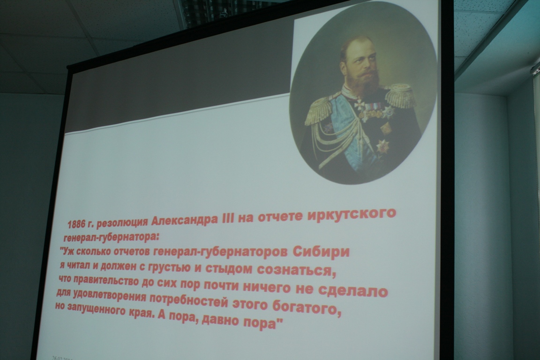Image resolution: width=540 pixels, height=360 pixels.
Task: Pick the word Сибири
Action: [x=321, y=251]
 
